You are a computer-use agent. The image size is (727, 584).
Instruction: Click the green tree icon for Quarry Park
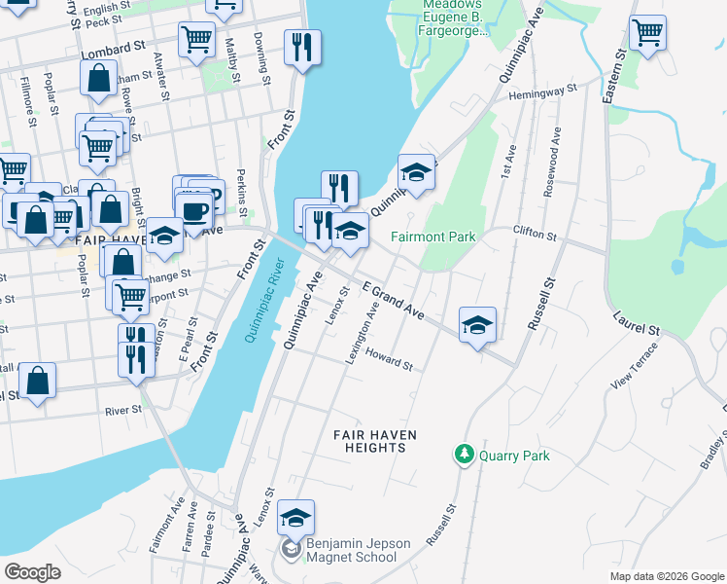coord(465,455)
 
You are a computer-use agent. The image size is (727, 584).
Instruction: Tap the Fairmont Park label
coord(433,237)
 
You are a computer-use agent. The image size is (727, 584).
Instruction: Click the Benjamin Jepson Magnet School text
coord(352,550)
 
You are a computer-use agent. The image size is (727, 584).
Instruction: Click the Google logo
coord(33,571)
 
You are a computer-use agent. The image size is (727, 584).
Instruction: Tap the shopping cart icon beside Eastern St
coord(646,33)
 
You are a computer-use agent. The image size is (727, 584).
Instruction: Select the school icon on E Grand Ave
coord(477,325)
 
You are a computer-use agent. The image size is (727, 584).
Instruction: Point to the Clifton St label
coord(535,234)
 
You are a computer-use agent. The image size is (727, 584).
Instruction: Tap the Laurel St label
coord(637,323)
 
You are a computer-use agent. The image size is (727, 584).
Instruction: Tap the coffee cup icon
coord(193,211)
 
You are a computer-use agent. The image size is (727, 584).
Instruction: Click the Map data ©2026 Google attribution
coord(666,576)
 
